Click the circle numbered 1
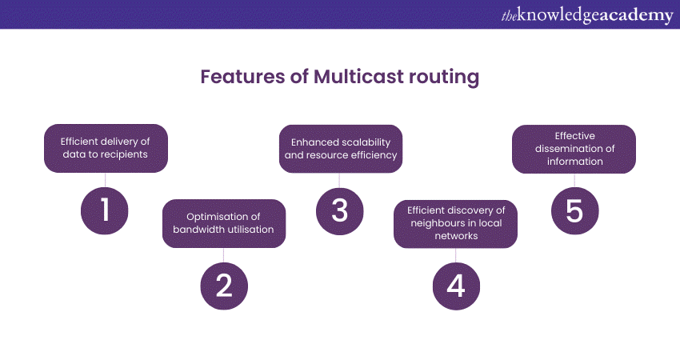[x=105, y=210]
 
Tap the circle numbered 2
[x=224, y=286]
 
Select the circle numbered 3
[x=339, y=211]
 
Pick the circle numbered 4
[x=456, y=286]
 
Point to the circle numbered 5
[x=574, y=210]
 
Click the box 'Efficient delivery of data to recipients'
[x=106, y=148]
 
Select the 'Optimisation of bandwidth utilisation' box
[x=224, y=223]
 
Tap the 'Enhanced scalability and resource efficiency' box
[x=341, y=149]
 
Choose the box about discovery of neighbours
[x=455, y=224]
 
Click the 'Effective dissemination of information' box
[x=574, y=150]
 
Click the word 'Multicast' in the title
[x=358, y=77]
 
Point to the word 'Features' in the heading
[x=242, y=77]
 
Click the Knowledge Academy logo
[x=587, y=15]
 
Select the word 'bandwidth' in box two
[x=198, y=230]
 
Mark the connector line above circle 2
[x=224, y=255]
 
